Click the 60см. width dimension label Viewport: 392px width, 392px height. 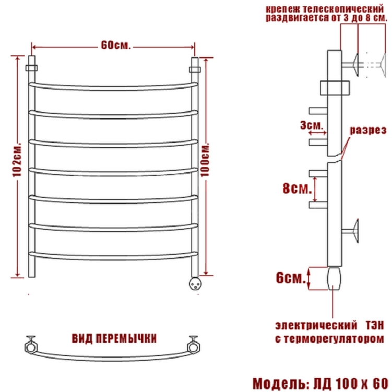(x=116, y=45)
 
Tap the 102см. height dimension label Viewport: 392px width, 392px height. (x=17, y=160)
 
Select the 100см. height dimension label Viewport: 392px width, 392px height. (x=205, y=160)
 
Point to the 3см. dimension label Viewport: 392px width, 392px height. (x=312, y=125)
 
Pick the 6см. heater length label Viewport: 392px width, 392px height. (x=291, y=278)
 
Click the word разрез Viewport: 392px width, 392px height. (x=368, y=130)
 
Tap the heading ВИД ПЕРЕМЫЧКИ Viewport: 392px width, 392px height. (x=114, y=339)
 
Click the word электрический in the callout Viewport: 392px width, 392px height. (x=316, y=326)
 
